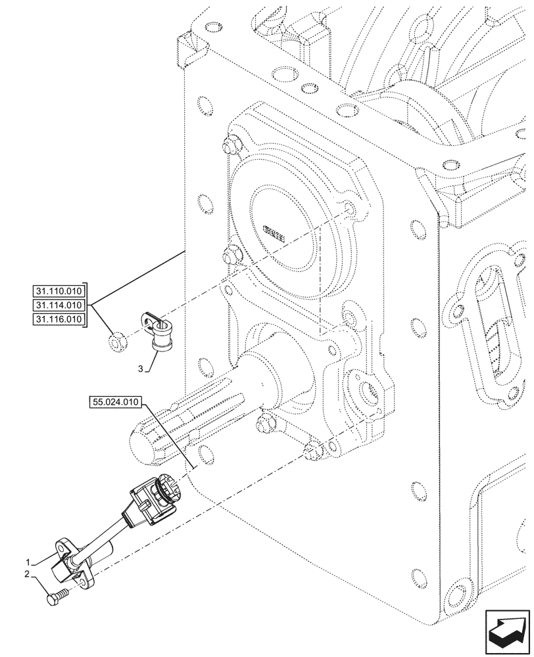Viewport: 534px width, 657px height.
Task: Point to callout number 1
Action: pyautogui.click(x=28, y=562)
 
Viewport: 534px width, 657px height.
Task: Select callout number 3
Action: pyautogui.click(x=139, y=370)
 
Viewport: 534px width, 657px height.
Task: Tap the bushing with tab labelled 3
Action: pyautogui.click(x=158, y=332)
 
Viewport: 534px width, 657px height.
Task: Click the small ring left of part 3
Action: pyautogui.click(x=117, y=340)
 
